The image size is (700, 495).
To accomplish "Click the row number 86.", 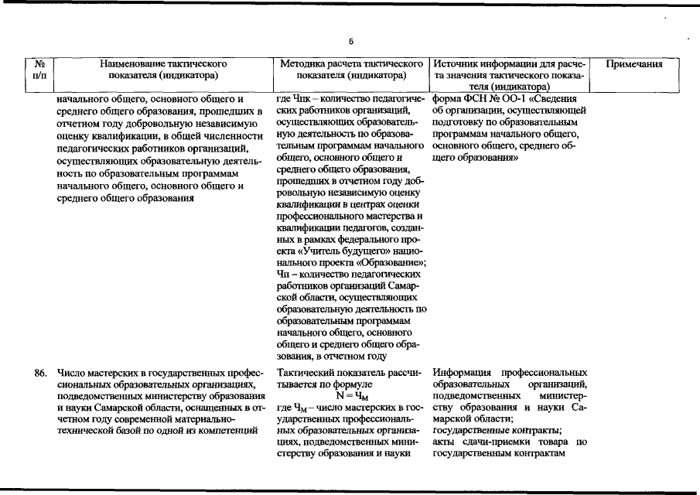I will click(42, 373).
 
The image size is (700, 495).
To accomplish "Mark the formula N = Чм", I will click(352, 395).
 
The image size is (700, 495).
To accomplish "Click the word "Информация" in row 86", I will click(463, 373).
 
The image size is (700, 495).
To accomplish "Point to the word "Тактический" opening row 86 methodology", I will click(307, 373).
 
